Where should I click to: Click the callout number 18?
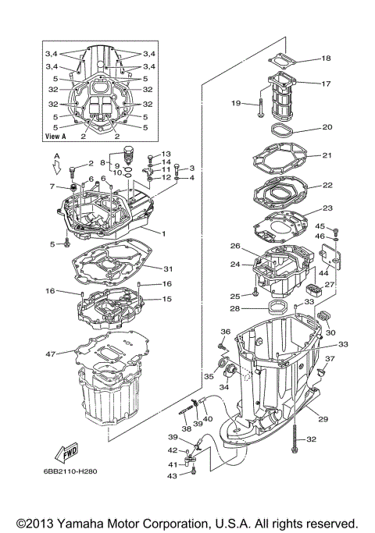(x=326, y=59)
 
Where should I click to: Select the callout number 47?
(x=51, y=354)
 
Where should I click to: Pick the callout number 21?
(x=327, y=155)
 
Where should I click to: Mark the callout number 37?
(x=330, y=359)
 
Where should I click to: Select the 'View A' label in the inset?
(x=55, y=135)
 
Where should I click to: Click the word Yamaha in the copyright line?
(x=91, y=523)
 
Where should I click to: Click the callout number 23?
(x=327, y=208)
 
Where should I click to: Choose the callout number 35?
(x=208, y=376)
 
